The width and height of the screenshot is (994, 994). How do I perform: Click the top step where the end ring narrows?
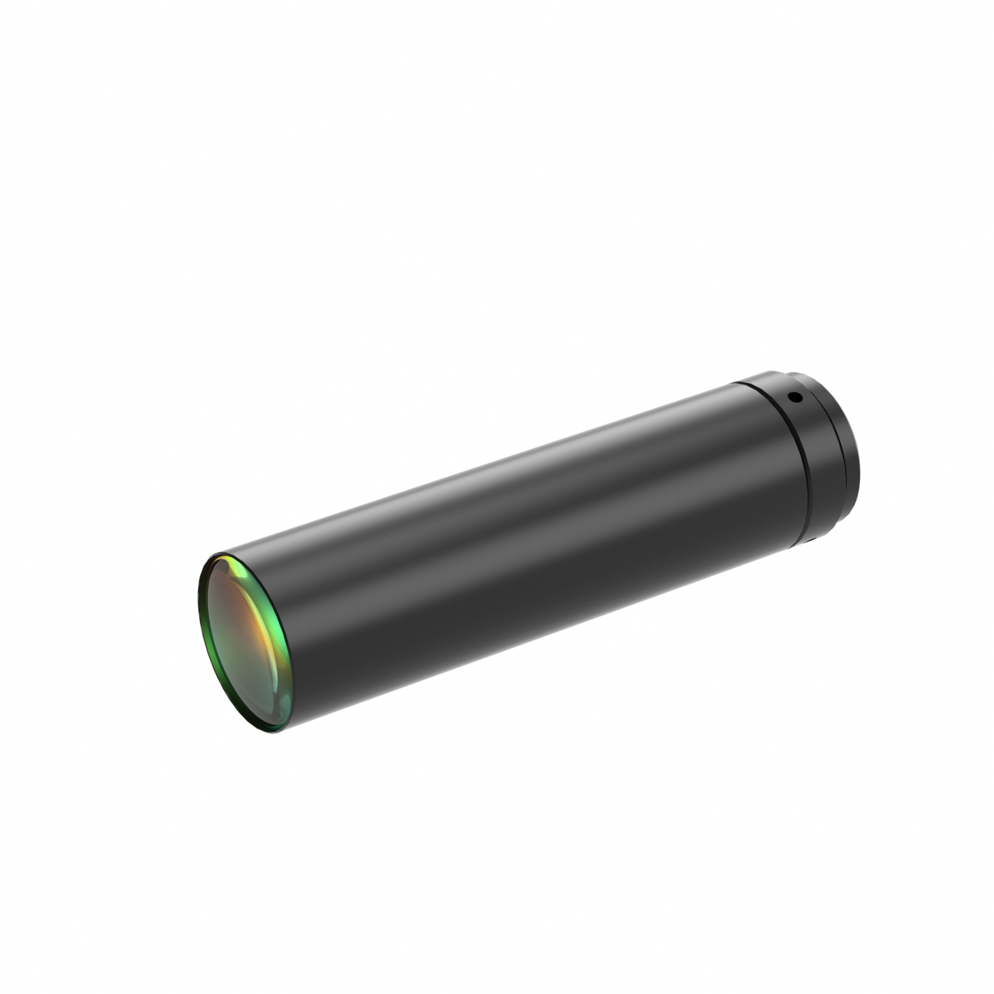pos(795,376)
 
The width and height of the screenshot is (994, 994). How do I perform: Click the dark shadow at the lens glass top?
pos(221,569)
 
